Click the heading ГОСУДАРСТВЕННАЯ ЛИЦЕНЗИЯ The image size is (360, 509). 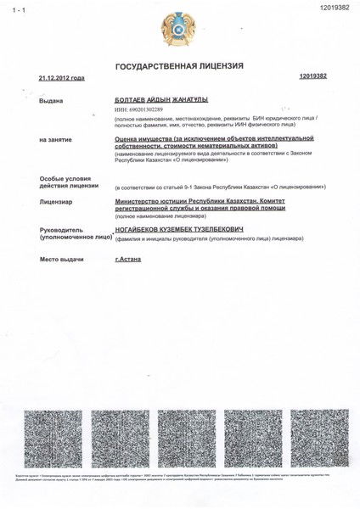click(179, 64)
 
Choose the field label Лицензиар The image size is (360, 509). click(45, 202)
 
